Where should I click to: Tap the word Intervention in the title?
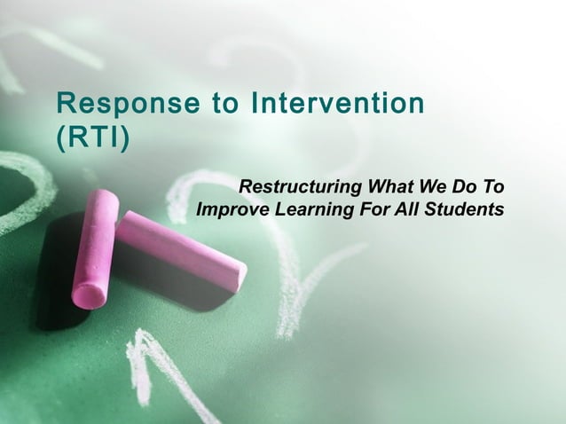[x=338, y=104]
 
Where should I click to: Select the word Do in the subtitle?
[x=463, y=188]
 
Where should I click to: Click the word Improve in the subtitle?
[x=232, y=211]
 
